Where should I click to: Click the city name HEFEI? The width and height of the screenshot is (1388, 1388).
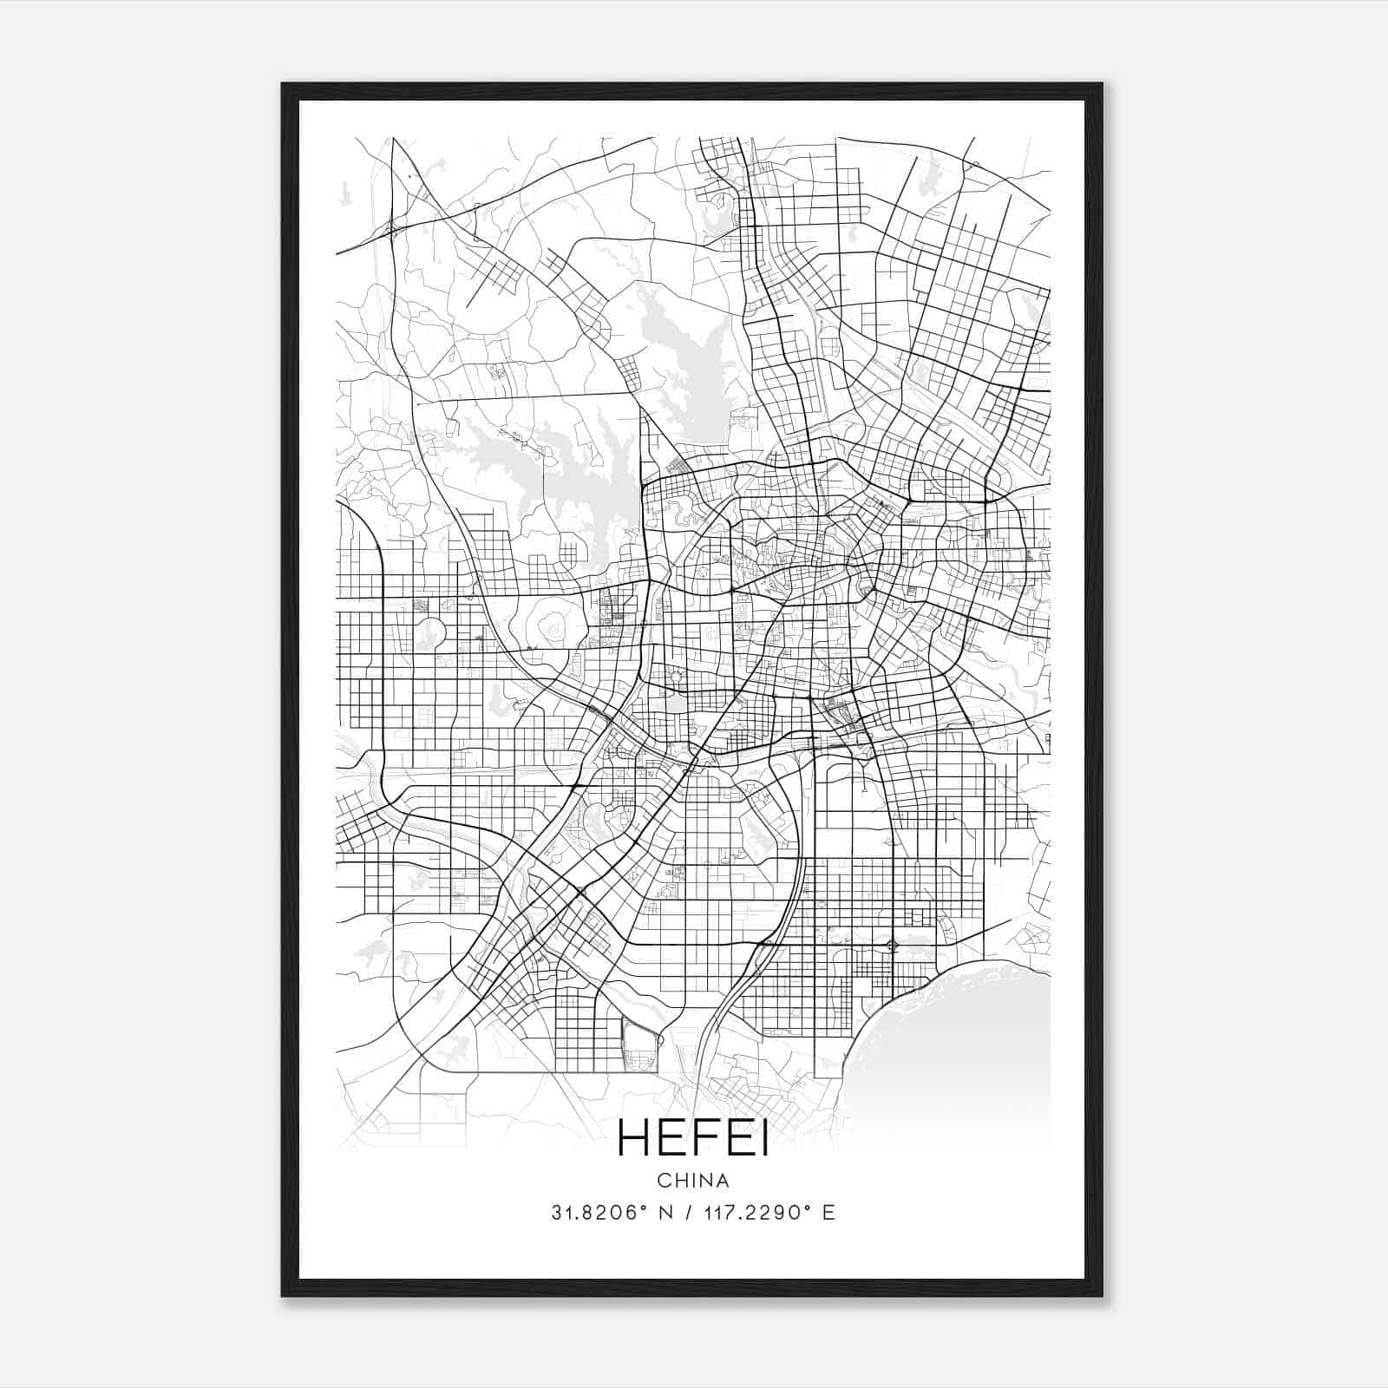[693, 1139]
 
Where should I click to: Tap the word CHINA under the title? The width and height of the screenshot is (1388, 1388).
[693, 1181]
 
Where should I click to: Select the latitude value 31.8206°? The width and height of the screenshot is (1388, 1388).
[599, 1213]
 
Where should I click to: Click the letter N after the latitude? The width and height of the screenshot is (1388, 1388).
[667, 1213]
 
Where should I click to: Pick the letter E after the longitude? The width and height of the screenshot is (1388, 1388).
[828, 1213]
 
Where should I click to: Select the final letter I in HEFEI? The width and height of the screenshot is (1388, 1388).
[763, 1139]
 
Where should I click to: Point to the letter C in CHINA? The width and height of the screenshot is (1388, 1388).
[663, 1181]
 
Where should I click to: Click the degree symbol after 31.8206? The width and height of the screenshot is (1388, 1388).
[645, 1208]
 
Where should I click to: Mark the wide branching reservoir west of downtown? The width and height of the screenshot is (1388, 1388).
[555, 486]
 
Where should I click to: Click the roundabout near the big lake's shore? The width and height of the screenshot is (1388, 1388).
[893, 945]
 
